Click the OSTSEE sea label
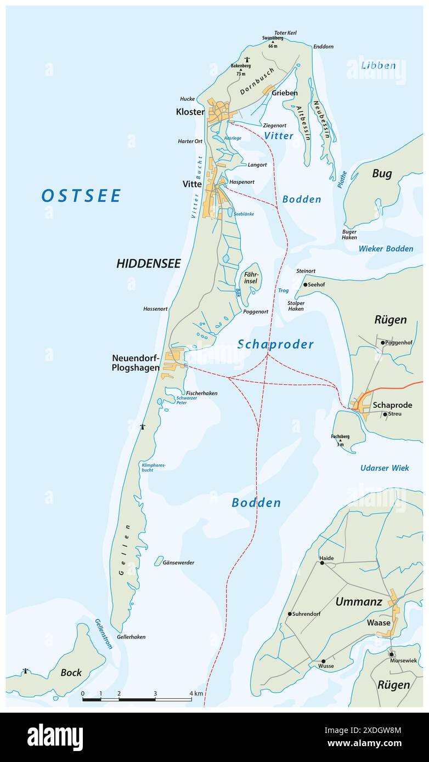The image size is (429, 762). click(x=81, y=196)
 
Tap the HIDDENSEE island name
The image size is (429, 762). click(x=148, y=264)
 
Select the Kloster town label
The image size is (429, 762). click(x=190, y=112)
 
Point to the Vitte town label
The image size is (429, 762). click(x=192, y=184)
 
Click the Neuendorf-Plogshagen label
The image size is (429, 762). click(x=136, y=363)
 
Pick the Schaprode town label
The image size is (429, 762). click(x=392, y=405)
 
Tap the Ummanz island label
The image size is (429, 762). click(x=358, y=602)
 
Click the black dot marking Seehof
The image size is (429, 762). click(x=306, y=285)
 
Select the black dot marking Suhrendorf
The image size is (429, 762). click(x=290, y=614)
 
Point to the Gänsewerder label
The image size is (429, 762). click(x=178, y=562)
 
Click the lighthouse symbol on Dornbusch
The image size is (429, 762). click(x=247, y=59)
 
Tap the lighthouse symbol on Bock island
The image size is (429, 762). click(x=25, y=670)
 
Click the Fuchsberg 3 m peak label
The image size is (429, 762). click(x=340, y=440)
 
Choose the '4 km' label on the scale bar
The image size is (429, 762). click(x=196, y=693)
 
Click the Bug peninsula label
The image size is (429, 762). click(x=382, y=174)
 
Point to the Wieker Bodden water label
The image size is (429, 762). click(x=386, y=248)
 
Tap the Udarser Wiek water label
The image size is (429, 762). click(x=385, y=468)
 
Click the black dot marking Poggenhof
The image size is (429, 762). click(x=383, y=343)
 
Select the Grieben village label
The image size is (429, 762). click(x=284, y=93)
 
